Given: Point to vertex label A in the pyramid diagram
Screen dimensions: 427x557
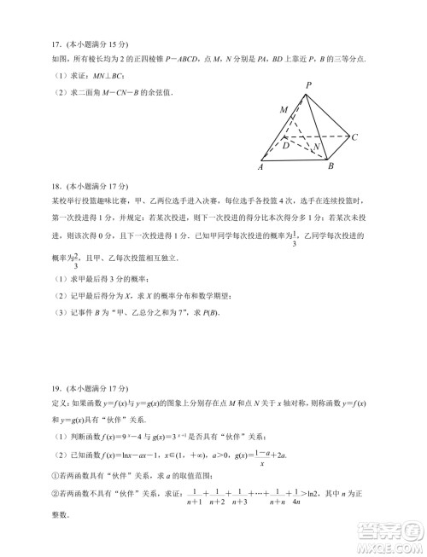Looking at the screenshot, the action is coord(260,168).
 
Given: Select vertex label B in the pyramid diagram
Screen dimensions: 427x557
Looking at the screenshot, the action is coord(330,166).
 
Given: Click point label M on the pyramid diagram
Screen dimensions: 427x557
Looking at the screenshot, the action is coord(283,110).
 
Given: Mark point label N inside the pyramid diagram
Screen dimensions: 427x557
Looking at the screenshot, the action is coord(318,146).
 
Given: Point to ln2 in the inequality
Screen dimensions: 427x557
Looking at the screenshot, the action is coord(342,494).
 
